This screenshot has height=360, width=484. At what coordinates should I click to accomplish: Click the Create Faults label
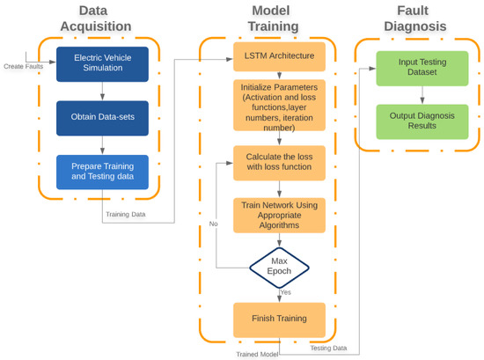[23, 66]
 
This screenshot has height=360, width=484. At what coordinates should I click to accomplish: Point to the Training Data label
[127, 214]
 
